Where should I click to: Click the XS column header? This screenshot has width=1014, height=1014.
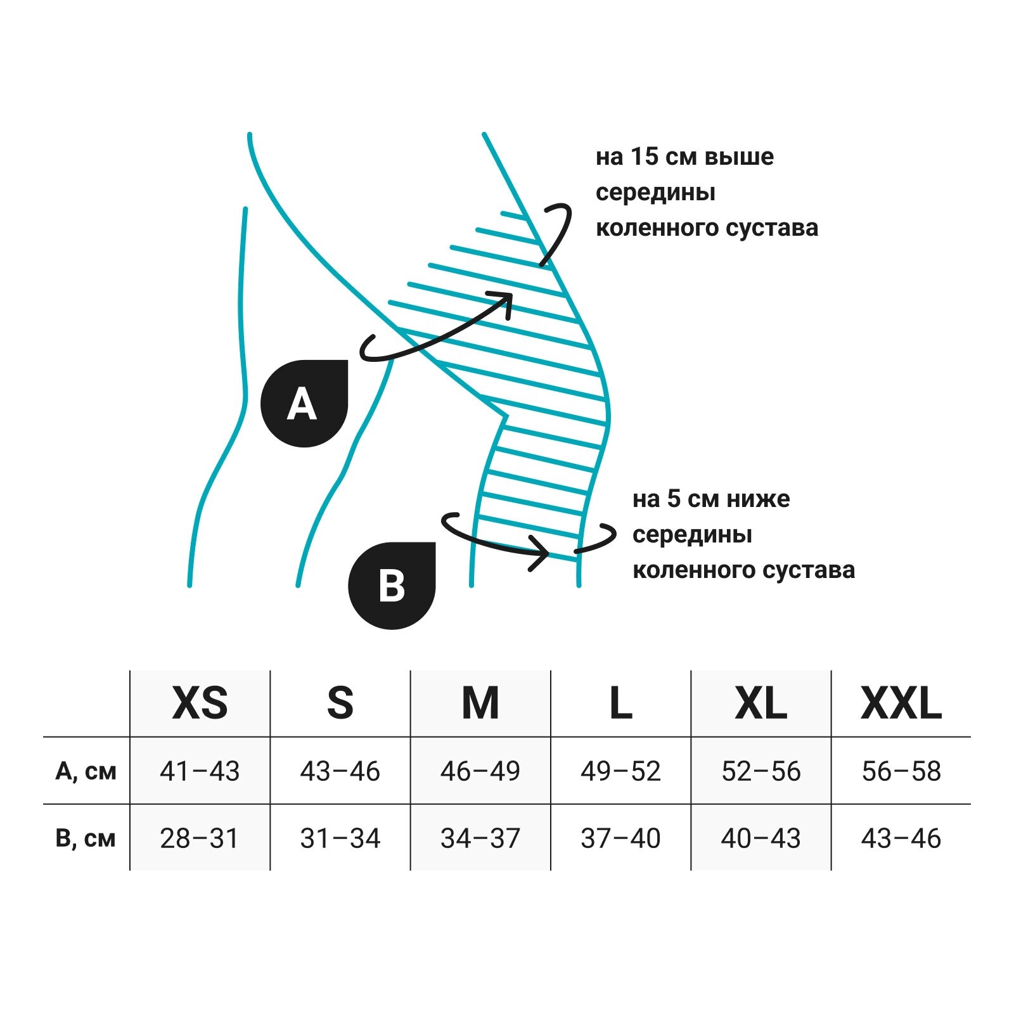click(x=200, y=703)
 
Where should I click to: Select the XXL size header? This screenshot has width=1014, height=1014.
click(x=901, y=703)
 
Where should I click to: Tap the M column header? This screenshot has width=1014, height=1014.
click(x=480, y=703)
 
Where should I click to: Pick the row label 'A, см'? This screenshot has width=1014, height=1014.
click(x=86, y=771)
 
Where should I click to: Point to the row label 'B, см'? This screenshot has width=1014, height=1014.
click(x=86, y=838)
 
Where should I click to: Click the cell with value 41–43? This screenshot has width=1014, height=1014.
click(x=200, y=771)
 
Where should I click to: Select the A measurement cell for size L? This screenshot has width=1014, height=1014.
click(x=620, y=771)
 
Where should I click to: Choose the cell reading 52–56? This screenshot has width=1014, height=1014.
click(x=760, y=771)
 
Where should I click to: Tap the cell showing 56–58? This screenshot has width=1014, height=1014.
click(x=901, y=771)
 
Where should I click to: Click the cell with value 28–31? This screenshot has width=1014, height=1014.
click(x=200, y=838)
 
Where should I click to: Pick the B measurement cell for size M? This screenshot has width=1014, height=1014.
click(x=480, y=838)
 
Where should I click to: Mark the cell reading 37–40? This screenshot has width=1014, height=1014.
click(x=620, y=838)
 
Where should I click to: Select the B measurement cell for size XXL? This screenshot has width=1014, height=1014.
click(x=901, y=838)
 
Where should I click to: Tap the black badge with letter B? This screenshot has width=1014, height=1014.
click(x=392, y=586)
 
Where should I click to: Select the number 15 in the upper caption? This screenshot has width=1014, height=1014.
click(x=645, y=157)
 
